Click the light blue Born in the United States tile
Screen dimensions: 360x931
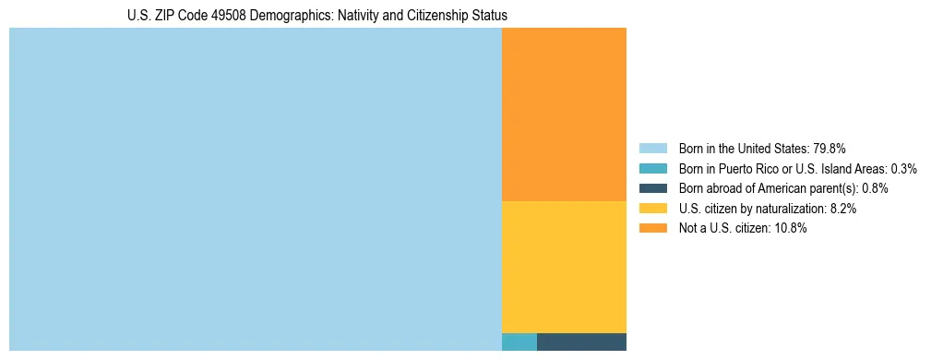point(255,189)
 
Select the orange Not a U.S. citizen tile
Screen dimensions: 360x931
point(564,114)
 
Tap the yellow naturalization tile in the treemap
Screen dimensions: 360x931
point(564,267)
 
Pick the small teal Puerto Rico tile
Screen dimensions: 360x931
point(519,342)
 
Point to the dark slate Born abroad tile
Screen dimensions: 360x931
point(581,342)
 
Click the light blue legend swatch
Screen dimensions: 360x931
point(652,149)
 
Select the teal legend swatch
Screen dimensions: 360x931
point(652,169)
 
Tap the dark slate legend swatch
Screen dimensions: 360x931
point(652,188)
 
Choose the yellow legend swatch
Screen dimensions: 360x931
point(652,209)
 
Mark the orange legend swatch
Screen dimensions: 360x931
point(652,229)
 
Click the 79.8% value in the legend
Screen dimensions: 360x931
point(829,149)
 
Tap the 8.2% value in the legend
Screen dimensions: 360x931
point(842,209)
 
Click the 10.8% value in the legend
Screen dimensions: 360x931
point(791,229)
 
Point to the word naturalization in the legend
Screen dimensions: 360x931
point(790,209)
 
